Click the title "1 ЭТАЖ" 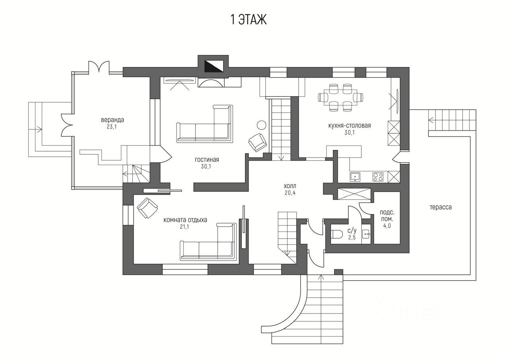[x=249, y=19]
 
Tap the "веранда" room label [x=113, y=120]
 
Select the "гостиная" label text [x=207, y=160]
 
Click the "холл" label [x=290, y=186]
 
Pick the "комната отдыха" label [x=185, y=220]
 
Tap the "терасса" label [x=441, y=207]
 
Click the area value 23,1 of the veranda [x=113, y=127]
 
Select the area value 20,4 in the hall [x=290, y=193]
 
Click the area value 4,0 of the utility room [x=387, y=226]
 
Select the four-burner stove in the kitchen [x=378, y=177]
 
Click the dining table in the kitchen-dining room [x=341, y=97]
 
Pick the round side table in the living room [x=262, y=125]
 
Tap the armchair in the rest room [x=147, y=207]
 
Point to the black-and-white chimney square [x=214, y=66]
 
